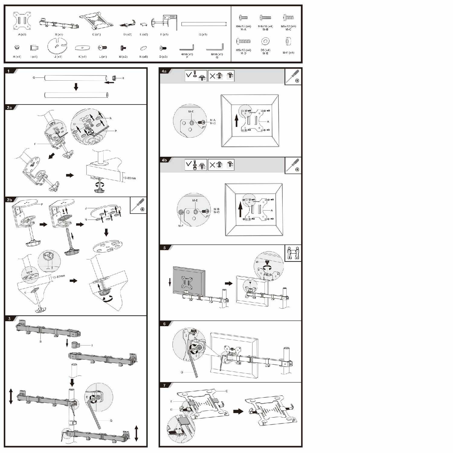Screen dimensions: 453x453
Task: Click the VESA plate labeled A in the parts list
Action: (x=22, y=21)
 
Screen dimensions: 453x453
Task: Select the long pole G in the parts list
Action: (x=204, y=24)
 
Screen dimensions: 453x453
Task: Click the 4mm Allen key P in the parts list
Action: (x=187, y=48)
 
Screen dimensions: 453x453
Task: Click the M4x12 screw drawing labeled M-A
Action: (x=243, y=18)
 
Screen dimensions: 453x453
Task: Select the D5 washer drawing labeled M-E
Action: (x=265, y=41)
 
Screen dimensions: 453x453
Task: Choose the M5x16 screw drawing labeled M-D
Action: (x=243, y=41)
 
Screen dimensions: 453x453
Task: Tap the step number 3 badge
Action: (x=9, y=319)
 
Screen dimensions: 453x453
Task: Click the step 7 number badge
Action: (x=164, y=385)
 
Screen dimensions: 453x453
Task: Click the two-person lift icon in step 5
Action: (x=293, y=253)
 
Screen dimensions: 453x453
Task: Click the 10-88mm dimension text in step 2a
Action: (x=129, y=178)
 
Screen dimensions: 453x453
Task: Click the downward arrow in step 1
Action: (x=76, y=87)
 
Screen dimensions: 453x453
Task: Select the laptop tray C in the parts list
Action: (x=96, y=22)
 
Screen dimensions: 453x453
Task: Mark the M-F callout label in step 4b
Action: (x=181, y=226)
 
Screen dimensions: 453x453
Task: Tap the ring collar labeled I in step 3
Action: (x=75, y=345)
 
